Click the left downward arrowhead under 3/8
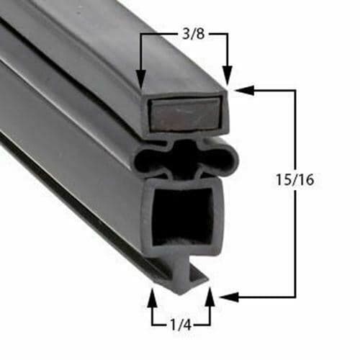140,78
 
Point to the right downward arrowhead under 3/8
228,77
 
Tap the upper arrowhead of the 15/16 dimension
242,91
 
